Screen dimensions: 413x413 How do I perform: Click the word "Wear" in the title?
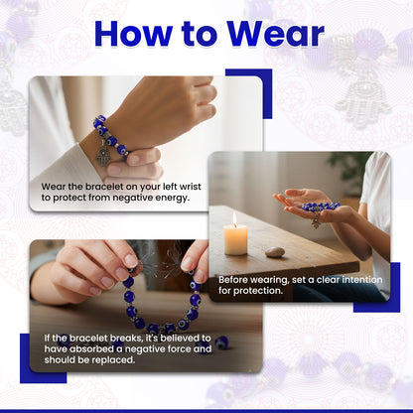tap(275, 34)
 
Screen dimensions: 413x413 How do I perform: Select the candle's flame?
tap(235, 218)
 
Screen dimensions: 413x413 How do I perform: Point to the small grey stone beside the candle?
tap(275, 252)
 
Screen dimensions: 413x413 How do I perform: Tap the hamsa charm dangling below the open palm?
tap(316, 221)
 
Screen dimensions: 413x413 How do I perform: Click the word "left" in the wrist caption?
tap(170, 187)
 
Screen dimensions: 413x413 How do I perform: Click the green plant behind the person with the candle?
tap(345, 169)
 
